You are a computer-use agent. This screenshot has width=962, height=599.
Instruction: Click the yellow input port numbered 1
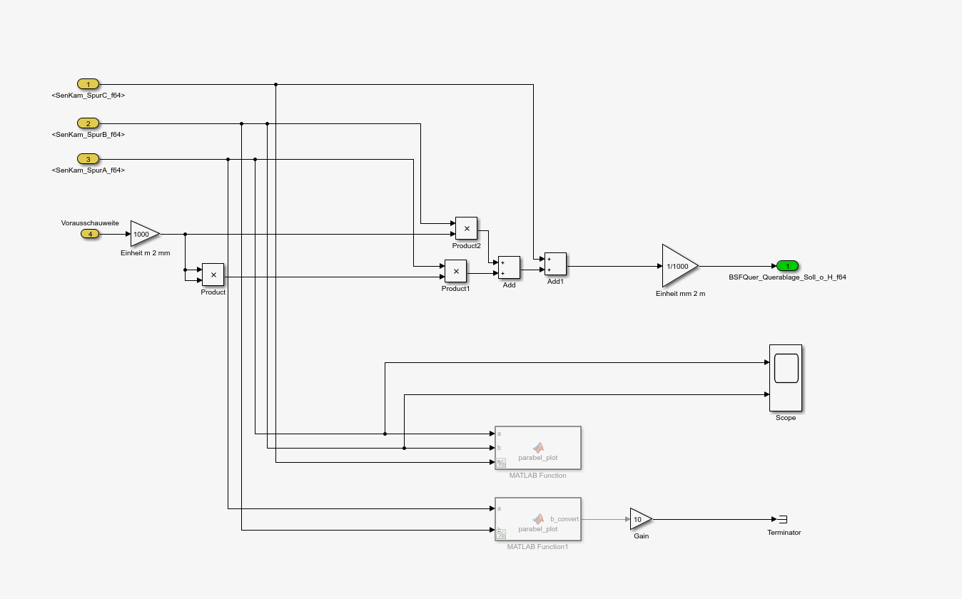(x=88, y=84)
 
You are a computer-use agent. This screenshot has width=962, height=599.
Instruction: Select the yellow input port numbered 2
(x=88, y=123)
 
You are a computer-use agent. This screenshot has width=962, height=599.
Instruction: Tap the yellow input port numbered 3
(x=88, y=159)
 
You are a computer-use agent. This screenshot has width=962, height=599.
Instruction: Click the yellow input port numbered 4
(x=90, y=234)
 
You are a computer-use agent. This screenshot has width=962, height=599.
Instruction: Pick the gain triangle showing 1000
(x=143, y=234)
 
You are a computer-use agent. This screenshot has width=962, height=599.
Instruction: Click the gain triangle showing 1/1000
(x=678, y=266)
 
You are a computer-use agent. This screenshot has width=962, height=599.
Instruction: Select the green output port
(x=787, y=266)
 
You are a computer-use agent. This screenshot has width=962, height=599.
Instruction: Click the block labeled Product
(x=213, y=275)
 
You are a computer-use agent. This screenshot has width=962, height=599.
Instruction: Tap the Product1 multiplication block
(x=455, y=271)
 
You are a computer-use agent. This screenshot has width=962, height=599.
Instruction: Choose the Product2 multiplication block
(x=466, y=228)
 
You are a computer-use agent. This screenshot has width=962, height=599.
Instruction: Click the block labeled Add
(x=509, y=267)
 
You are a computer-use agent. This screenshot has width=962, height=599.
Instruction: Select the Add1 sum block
(x=555, y=264)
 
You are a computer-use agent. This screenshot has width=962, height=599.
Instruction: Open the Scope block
(x=785, y=378)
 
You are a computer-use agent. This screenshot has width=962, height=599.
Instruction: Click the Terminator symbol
(x=782, y=519)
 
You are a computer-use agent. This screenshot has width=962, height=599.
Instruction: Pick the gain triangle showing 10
(x=639, y=519)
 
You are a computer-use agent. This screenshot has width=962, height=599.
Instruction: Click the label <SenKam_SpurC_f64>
(x=88, y=95)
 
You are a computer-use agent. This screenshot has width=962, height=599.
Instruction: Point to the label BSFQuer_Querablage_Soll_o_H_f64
(x=787, y=277)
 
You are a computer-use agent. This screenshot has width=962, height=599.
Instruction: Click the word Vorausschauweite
(x=90, y=222)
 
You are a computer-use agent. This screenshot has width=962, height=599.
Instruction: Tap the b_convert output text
(x=564, y=519)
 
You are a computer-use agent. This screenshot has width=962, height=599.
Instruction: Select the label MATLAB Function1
(x=537, y=546)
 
